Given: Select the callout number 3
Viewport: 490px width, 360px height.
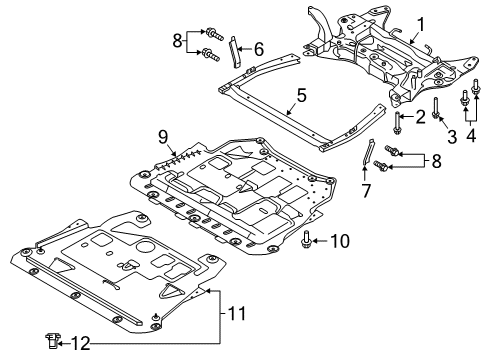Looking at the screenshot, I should [x=452, y=135].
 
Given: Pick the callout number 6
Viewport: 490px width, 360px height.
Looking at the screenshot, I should [x=258, y=48].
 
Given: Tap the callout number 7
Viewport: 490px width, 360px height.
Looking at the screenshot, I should [x=367, y=190].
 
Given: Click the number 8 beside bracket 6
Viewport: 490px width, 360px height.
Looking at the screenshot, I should [x=177, y=41].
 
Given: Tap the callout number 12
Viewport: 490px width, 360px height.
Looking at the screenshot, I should [x=67, y=345].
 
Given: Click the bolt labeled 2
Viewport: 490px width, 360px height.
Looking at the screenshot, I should [x=399, y=123].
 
